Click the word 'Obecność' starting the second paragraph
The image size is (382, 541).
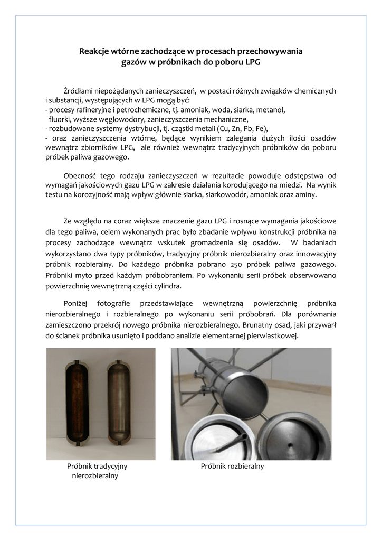[79, 175]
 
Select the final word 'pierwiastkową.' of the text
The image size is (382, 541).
[273, 335]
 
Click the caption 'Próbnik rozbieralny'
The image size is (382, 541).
[232, 467]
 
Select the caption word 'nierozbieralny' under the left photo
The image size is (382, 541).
[94, 476]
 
